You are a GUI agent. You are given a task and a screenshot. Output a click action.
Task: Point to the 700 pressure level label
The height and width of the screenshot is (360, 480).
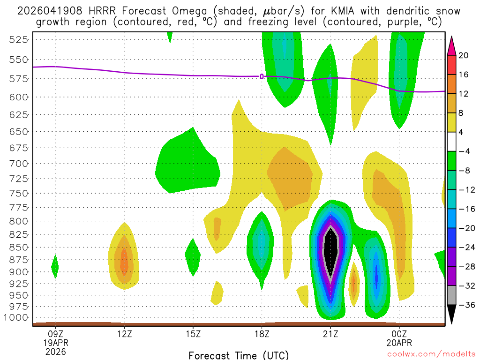[x=19, y=164]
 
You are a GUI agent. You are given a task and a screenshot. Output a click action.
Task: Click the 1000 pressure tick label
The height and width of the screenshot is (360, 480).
[x=17, y=318]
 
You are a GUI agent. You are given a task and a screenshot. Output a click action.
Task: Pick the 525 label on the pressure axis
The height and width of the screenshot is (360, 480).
[x=19, y=39]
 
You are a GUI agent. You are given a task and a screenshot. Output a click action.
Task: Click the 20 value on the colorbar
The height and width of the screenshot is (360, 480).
[x=464, y=55]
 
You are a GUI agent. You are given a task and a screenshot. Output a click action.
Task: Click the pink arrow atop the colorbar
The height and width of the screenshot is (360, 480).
[x=452, y=45]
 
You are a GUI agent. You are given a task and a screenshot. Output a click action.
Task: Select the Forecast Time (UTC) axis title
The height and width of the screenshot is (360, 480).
[x=239, y=355]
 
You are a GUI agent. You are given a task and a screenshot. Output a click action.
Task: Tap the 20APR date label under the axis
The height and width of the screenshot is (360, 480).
[x=399, y=342]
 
